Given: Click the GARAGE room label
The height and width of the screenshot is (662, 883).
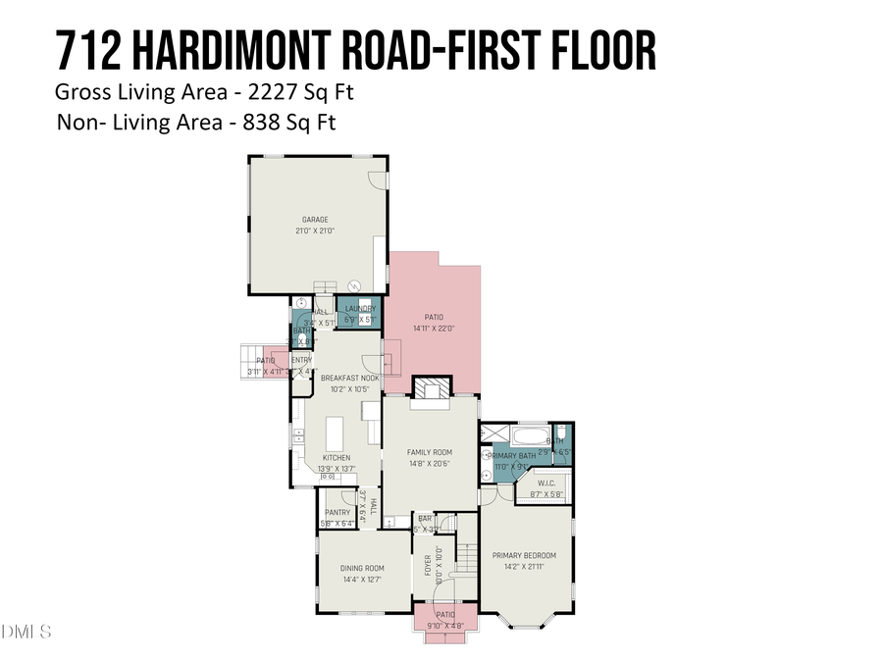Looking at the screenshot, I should pyautogui.click(x=314, y=220).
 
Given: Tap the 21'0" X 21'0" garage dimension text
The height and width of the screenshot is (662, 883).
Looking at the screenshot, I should pyautogui.click(x=314, y=230).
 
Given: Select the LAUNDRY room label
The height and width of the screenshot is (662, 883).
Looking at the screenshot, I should pyautogui.click(x=360, y=309).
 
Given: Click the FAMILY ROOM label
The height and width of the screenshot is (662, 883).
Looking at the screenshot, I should pyautogui.click(x=430, y=452).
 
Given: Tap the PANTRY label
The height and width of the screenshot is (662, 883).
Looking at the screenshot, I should pyautogui.click(x=338, y=512).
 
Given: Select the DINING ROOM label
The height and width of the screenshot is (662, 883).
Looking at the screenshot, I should pyautogui.click(x=362, y=568).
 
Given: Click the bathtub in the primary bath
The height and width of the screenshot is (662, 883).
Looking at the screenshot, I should pyautogui.click(x=533, y=434).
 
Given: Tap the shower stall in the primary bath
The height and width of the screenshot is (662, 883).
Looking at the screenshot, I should pyautogui.click(x=496, y=434).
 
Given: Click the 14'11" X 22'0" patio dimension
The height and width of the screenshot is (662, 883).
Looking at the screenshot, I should pyautogui.click(x=434, y=329).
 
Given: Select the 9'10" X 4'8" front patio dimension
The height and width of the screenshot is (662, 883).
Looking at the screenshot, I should pyautogui.click(x=445, y=626).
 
